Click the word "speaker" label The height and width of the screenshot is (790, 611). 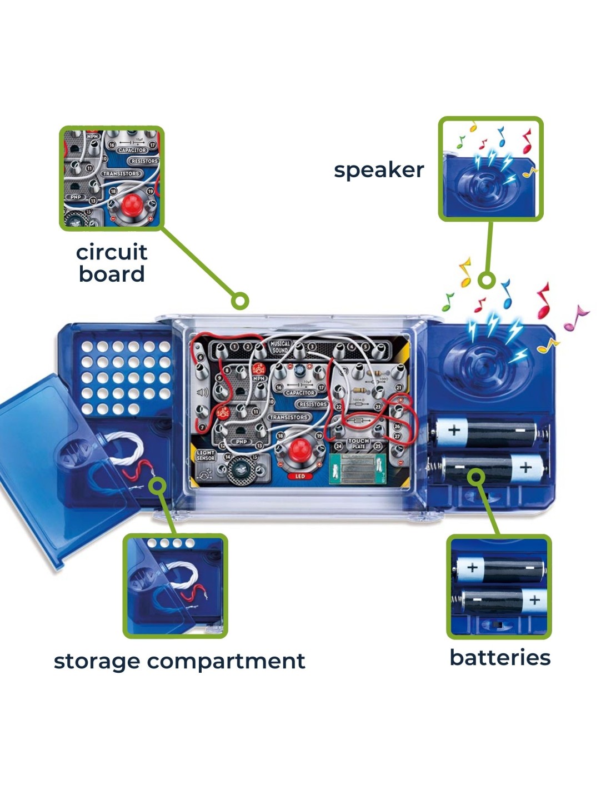tap(379, 170)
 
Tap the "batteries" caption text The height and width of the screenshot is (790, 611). tap(499, 657)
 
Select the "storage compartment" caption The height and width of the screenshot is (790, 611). tap(179, 661)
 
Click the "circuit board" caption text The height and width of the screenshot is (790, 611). tap(112, 263)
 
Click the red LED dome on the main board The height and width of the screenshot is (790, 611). tap(301, 448)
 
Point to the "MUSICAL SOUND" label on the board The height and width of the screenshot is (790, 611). tap(280, 347)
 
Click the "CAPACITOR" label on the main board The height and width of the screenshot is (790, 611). tap(299, 392)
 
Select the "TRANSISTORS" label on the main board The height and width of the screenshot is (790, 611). tap(288, 417)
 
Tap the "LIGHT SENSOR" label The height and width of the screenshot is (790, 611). tap(206, 456)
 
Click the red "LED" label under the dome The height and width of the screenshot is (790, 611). tap(300, 476)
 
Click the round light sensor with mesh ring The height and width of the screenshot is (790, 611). tap(240, 469)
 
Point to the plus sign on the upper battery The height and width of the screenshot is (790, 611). tap(454, 429)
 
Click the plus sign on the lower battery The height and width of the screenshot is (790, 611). tap(525, 467)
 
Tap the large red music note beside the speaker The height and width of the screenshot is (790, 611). tap(543, 300)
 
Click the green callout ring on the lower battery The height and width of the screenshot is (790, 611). tap(475, 476)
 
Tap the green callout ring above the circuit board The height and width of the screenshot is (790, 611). tap(240, 301)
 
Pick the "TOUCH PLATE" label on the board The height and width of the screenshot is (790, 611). tap(358, 443)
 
